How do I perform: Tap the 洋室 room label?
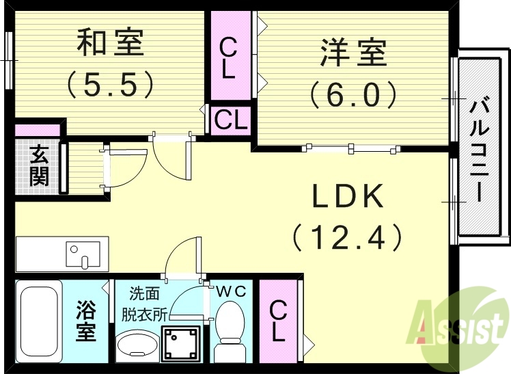pos(353,53)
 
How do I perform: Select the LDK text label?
pos(346,198)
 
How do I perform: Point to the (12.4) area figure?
pos(346,237)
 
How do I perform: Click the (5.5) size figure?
pos(109,84)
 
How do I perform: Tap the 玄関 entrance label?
pos(39,166)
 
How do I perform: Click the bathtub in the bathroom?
pos(40,321)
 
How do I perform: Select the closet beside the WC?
pos(277,321)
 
